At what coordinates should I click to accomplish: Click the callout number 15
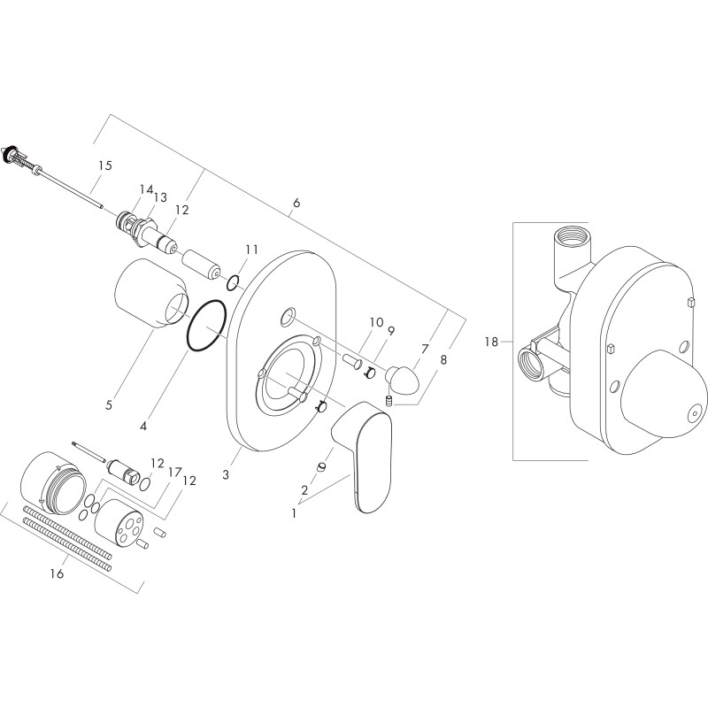click(x=104, y=165)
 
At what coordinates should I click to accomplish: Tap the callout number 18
click(x=491, y=342)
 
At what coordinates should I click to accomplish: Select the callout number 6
click(x=296, y=203)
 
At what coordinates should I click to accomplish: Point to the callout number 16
click(x=58, y=573)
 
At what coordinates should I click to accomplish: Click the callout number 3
click(x=226, y=474)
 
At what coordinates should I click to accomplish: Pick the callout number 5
click(x=109, y=405)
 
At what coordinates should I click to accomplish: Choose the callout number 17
click(x=174, y=473)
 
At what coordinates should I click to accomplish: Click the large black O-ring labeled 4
click(x=207, y=325)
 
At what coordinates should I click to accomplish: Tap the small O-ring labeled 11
click(x=233, y=283)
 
